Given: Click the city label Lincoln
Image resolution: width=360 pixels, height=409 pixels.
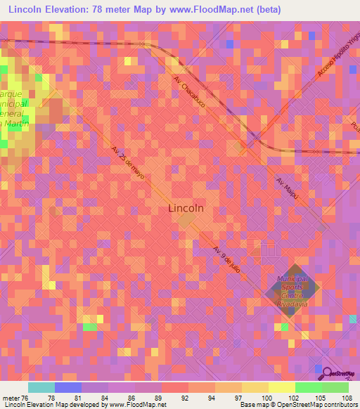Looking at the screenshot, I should [187, 208].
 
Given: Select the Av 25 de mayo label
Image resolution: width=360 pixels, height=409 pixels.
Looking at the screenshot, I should [128, 162].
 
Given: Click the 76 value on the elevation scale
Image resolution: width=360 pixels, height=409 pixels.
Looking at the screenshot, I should [27, 397].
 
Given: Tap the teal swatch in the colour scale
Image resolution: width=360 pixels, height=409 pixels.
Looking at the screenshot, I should [41, 387].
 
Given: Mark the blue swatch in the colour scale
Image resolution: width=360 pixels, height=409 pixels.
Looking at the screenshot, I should [68, 387].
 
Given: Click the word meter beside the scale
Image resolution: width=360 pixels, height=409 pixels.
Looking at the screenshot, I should [11, 397].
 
